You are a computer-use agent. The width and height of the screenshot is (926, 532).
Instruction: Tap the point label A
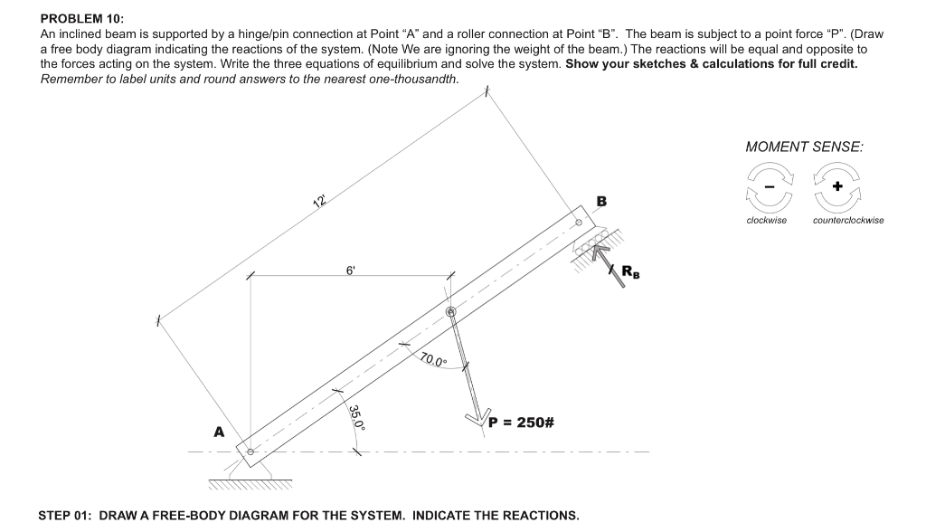(218, 432)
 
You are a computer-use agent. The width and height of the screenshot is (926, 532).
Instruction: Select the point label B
(601, 201)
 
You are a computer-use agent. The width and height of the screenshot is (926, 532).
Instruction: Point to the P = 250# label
(521, 423)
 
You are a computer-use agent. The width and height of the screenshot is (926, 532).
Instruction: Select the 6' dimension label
(351, 270)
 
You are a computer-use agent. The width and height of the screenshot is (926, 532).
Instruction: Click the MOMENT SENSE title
(803, 146)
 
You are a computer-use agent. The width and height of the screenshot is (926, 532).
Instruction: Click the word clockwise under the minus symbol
(766, 220)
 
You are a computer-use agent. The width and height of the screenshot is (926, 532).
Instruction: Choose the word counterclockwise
(847, 220)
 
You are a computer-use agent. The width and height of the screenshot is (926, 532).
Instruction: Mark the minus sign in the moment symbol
(767, 185)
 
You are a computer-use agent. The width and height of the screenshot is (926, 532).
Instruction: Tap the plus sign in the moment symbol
(837, 185)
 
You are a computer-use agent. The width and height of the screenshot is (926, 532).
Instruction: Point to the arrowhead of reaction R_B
(597, 250)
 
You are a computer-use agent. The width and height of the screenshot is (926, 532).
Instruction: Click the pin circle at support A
(250, 451)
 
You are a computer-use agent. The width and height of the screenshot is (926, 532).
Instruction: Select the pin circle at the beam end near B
(579, 221)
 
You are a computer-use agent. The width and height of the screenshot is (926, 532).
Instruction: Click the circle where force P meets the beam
(451, 312)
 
